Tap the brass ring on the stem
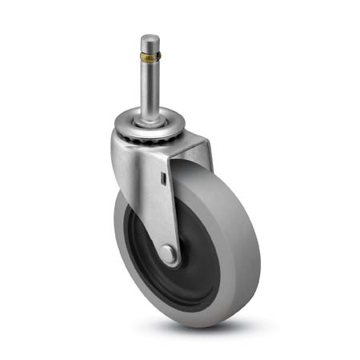tap(150, 58)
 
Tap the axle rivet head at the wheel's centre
tap(170, 255)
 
